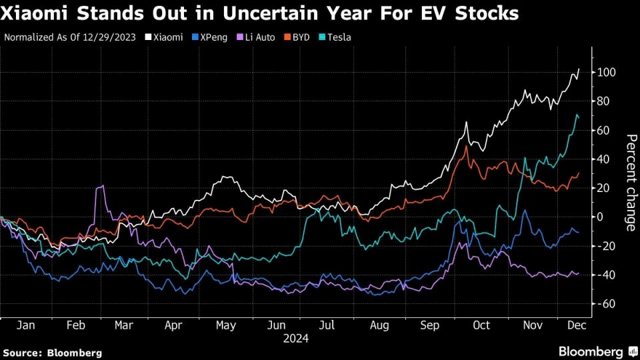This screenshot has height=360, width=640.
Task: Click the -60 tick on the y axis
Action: tap(604, 304)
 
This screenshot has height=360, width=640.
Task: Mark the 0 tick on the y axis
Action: tap(600, 217)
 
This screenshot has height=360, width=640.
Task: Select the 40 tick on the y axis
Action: tap(603, 159)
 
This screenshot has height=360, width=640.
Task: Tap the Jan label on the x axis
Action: tap(26, 325)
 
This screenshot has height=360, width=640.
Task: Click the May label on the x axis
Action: tap(226, 325)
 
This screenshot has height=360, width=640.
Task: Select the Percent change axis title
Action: tap(631, 182)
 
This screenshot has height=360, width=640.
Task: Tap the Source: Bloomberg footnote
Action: tap(53, 352)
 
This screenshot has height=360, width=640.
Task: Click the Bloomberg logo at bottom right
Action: tap(590, 351)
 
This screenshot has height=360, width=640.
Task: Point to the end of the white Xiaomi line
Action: tap(579, 68)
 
